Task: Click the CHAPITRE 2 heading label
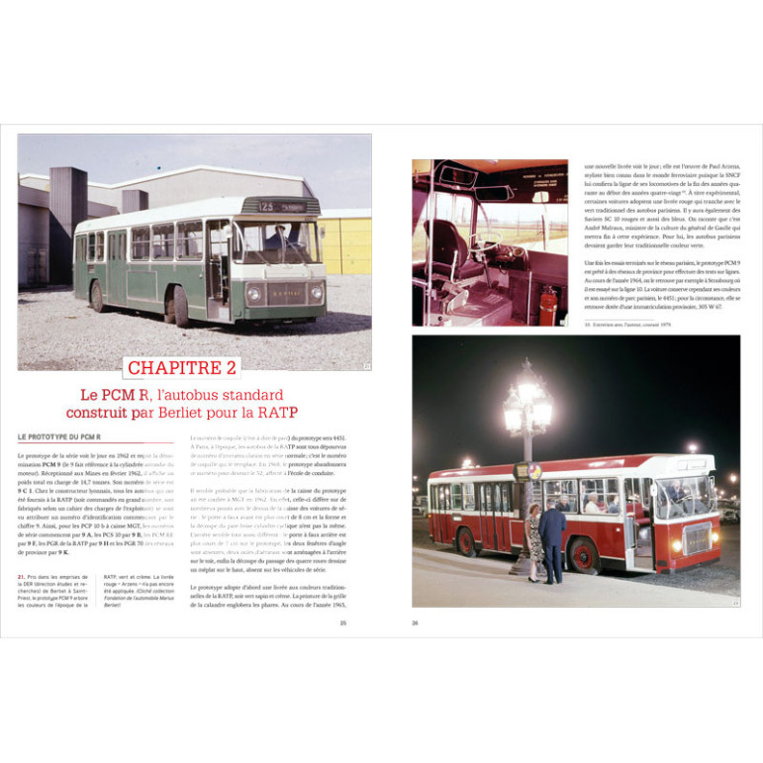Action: pyautogui.click(x=183, y=368)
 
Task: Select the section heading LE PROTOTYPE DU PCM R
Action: pyautogui.click(x=59, y=436)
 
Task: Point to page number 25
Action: pyautogui.click(x=343, y=623)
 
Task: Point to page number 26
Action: pyautogui.click(x=416, y=623)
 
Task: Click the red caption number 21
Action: pyautogui.click(x=22, y=577)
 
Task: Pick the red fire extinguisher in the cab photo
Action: pyautogui.click(x=547, y=307)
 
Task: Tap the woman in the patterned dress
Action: pyautogui.click(x=534, y=544)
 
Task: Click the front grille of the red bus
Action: pyautogui.click(x=699, y=538)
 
